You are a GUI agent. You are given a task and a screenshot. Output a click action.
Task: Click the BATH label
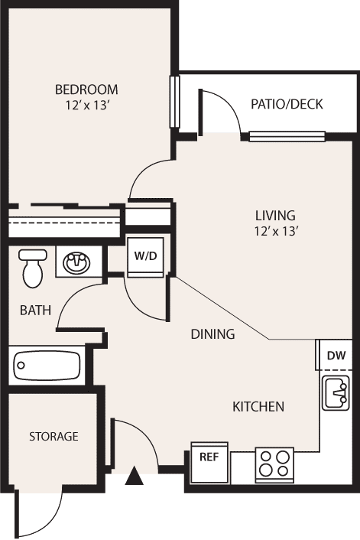36,311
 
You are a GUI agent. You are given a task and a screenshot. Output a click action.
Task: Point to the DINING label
212,334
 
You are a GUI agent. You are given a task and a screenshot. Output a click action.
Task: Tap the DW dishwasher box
335,355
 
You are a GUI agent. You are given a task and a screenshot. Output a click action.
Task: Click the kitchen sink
336,393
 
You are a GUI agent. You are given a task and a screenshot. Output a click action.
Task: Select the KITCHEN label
258,407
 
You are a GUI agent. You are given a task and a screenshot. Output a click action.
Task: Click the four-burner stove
274,463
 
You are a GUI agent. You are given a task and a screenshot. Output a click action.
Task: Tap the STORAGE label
54,437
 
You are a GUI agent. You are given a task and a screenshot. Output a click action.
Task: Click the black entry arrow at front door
135,477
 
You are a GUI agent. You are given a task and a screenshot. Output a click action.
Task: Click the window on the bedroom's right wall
175,102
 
